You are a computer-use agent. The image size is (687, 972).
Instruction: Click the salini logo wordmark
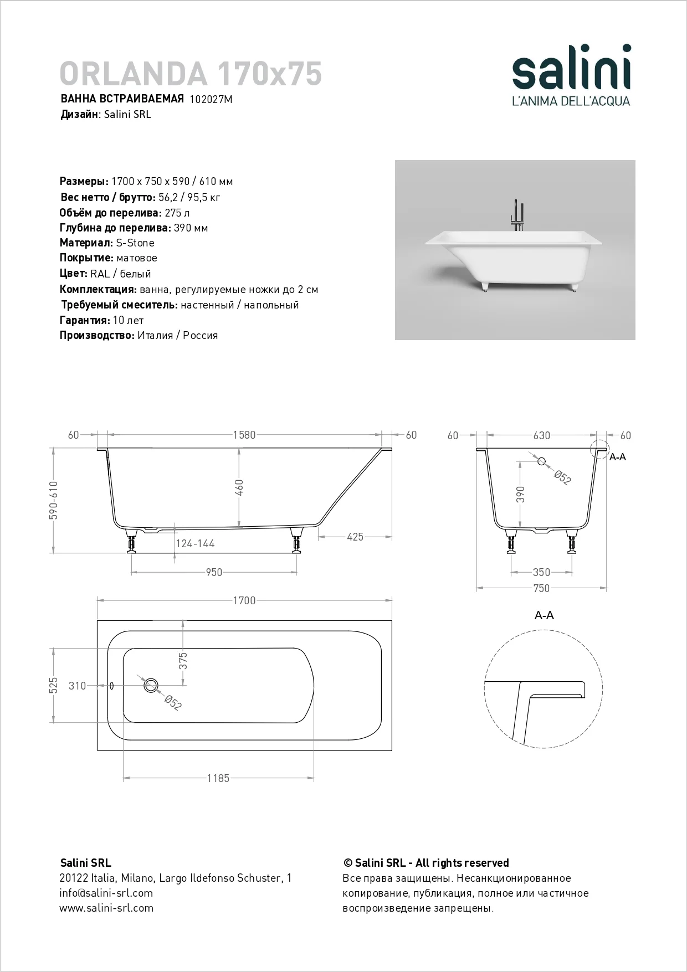coord(571,68)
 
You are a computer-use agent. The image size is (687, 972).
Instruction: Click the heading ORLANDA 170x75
coord(191,74)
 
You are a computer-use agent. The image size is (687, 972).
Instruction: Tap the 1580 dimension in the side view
coord(244,435)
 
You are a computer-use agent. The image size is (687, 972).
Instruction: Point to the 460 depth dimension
coord(239,487)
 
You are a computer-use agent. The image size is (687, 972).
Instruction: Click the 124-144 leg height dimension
coord(195,544)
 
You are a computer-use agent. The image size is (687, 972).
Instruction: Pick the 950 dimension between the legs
coord(214,573)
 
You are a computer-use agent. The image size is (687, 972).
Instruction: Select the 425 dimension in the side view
coord(355,537)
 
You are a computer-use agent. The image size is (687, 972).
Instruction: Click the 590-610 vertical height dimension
coord(54,500)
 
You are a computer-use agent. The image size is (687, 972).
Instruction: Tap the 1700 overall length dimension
coord(244,601)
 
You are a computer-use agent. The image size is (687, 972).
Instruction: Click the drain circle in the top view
coord(151,685)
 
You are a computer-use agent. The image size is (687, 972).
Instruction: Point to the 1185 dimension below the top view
coord(218,779)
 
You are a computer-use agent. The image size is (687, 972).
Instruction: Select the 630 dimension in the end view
coord(541,436)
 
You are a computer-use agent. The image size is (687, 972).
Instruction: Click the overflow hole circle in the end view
coord(542,461)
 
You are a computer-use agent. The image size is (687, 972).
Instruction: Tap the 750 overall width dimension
coord(541,588)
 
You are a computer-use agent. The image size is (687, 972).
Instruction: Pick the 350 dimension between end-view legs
coord(541,573)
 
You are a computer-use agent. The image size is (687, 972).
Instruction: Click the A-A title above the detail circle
coord(544,615)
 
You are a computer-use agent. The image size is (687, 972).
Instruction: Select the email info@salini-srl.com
coord(106,893)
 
